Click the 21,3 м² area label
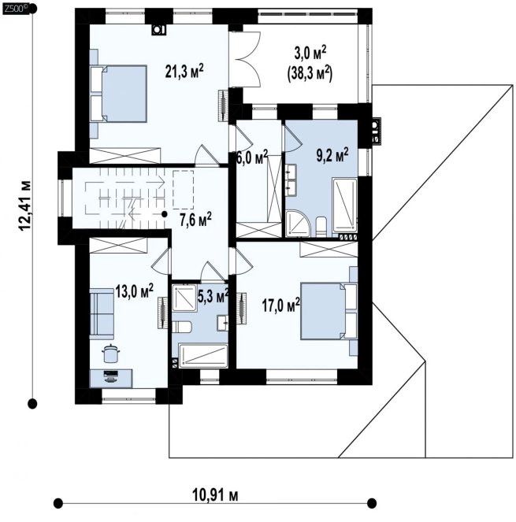point(184,71)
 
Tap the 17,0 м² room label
point(280,305)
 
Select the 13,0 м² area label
point(134,291)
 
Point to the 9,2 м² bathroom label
point(332,155)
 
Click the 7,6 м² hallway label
point(195,220)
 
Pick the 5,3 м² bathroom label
point(213,296)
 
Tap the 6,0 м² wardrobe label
point(252,157)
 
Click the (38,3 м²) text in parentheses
point(310,74)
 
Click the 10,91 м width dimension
point(215,495)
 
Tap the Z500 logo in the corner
point(13,9)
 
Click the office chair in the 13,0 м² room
point(110,354)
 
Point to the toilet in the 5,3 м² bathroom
point(181,327)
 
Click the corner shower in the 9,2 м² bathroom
point(298,224)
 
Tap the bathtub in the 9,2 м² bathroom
point(344,205)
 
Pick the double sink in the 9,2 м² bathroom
point(289,180)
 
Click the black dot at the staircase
point(164,214)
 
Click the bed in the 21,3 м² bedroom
point(118,94)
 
